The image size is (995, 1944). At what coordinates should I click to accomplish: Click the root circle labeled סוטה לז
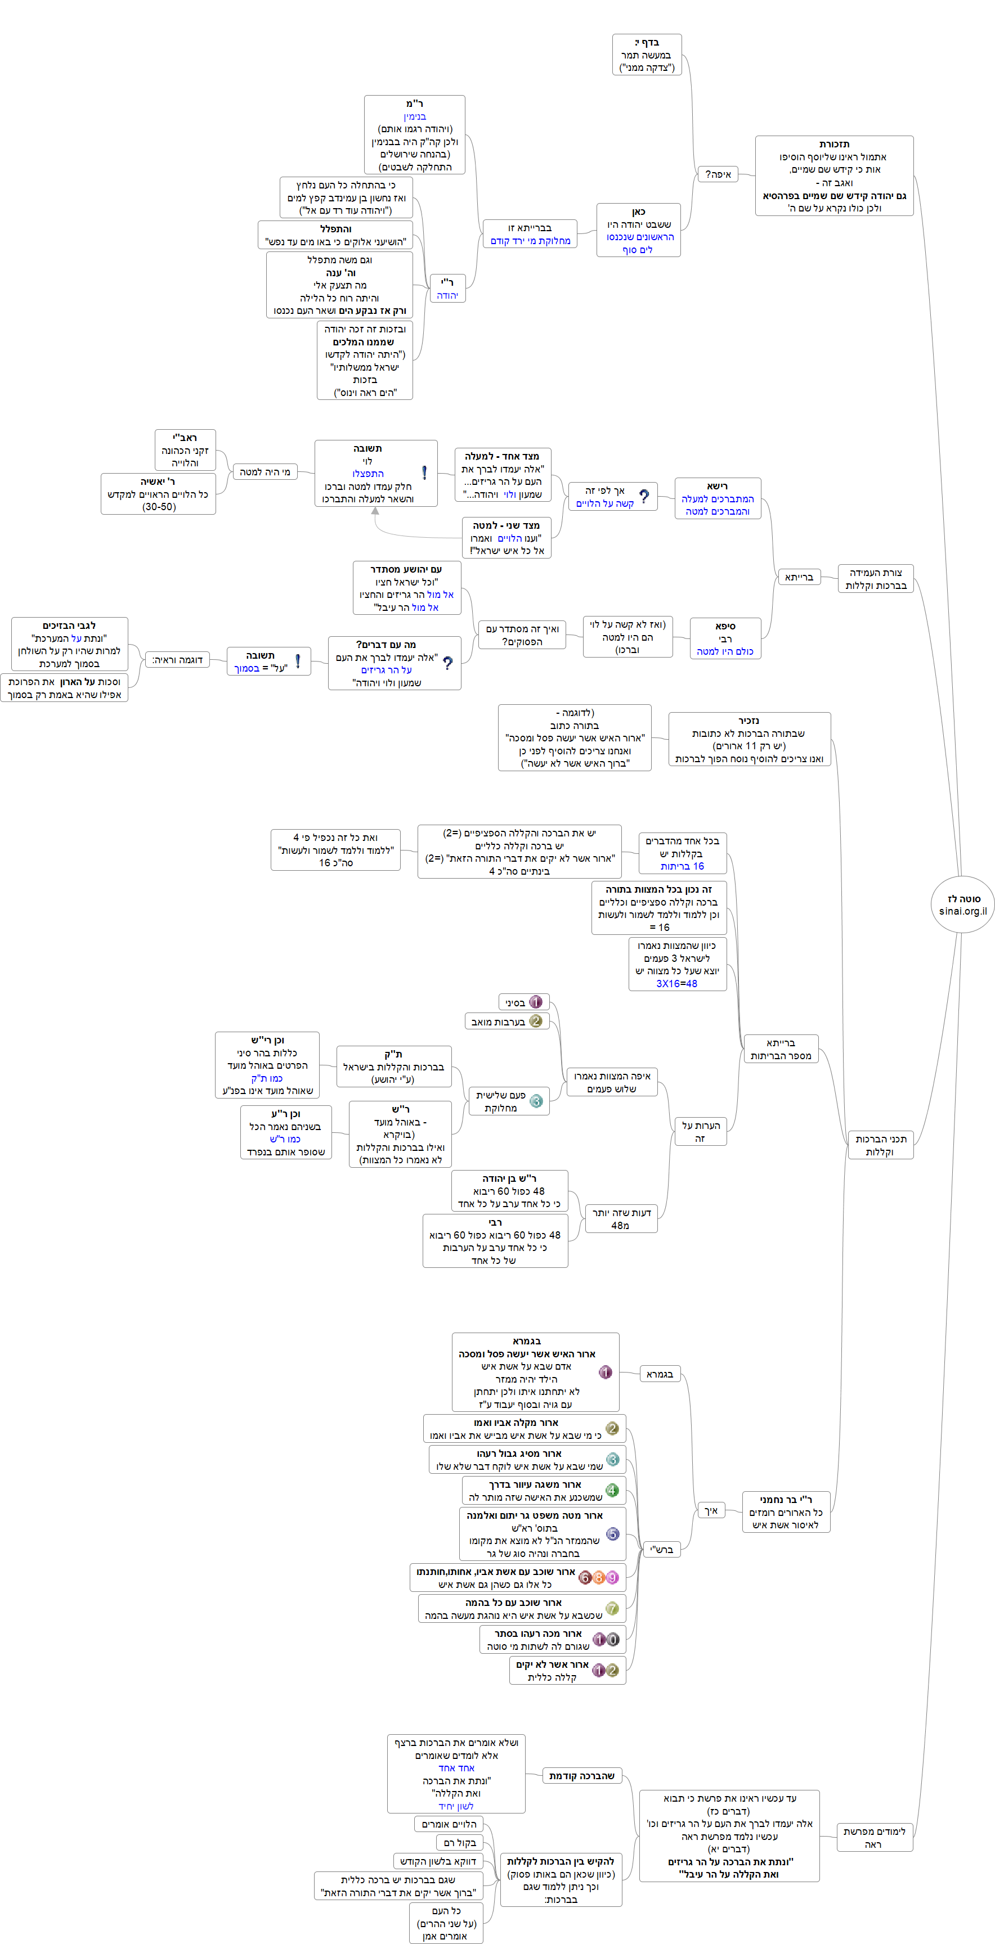[x=962, y=904]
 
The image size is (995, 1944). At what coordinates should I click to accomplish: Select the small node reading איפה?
[x=717, y=174]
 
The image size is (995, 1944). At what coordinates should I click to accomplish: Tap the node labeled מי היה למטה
[x=264, y=472]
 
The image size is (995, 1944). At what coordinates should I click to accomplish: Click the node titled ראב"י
[x=185, y=450]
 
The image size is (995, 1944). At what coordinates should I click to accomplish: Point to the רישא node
[x=717, y=498]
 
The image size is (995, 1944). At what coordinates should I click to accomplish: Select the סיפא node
[x=725, y=638]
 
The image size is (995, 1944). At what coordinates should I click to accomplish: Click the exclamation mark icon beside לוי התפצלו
[x=424, y=472]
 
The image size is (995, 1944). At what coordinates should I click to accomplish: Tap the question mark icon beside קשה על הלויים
[x=644, y=497]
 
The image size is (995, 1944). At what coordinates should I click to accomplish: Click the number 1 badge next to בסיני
[x=536, y=1002]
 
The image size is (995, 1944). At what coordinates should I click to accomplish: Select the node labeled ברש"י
[x=661, y=1549]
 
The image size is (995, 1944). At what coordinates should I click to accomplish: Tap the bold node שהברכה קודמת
[x=582, y=1776]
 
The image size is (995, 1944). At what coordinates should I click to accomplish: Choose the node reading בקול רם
[x=459, y=1843]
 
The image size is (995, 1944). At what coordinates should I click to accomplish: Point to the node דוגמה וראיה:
[x=177, y=660]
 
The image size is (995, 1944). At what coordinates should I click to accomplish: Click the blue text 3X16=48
[x=676, y=983]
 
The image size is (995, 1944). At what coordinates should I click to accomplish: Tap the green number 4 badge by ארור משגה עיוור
[x=612, y=1489]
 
